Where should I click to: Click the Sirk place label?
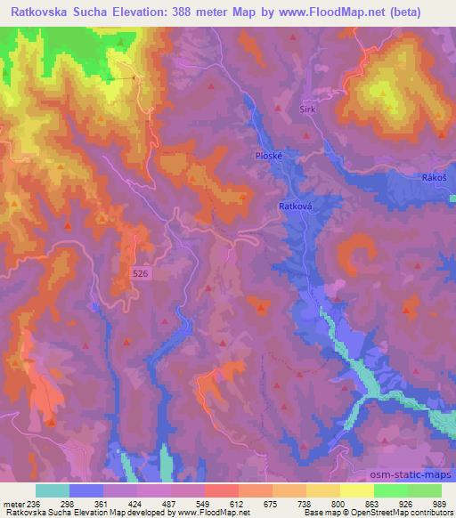(307, 108)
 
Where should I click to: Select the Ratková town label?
(293, 204)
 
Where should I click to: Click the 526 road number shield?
(139, 274)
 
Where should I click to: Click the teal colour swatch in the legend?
(53, 490)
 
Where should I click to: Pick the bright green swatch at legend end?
(424, 490)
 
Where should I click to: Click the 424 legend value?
(135, 503)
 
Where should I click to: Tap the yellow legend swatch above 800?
(323, 490)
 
